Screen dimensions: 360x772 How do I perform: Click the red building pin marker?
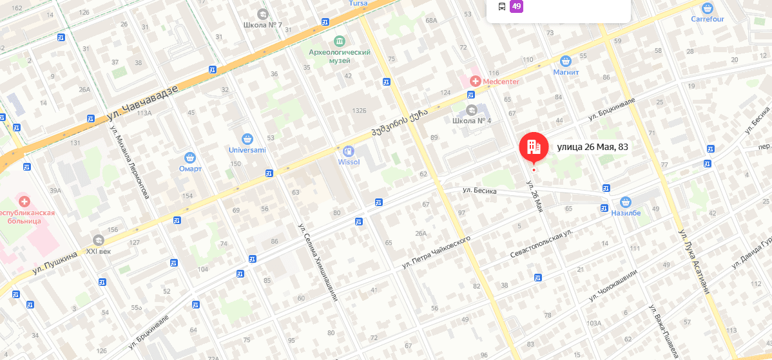534,147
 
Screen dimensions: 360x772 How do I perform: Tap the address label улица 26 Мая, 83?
592,147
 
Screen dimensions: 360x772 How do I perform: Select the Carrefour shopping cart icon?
708,8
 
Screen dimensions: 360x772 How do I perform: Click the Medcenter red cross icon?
475,81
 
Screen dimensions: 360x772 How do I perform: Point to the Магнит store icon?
566,61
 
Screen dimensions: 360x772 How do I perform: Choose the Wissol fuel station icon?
349,151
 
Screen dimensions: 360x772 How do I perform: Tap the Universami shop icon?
247,139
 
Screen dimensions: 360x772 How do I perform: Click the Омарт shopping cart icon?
190,158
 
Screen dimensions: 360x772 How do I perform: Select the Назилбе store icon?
625,202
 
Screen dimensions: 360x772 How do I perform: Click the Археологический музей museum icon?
340,41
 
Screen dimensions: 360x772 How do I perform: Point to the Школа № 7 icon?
262,14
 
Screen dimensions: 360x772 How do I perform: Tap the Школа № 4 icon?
472,110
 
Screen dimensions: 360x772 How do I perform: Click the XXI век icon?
99,240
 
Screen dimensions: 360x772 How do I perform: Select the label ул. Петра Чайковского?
436,252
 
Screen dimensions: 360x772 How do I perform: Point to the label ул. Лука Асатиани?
694,261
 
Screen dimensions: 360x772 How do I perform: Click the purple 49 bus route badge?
516,6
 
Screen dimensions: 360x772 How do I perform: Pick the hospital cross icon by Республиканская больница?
24,201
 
